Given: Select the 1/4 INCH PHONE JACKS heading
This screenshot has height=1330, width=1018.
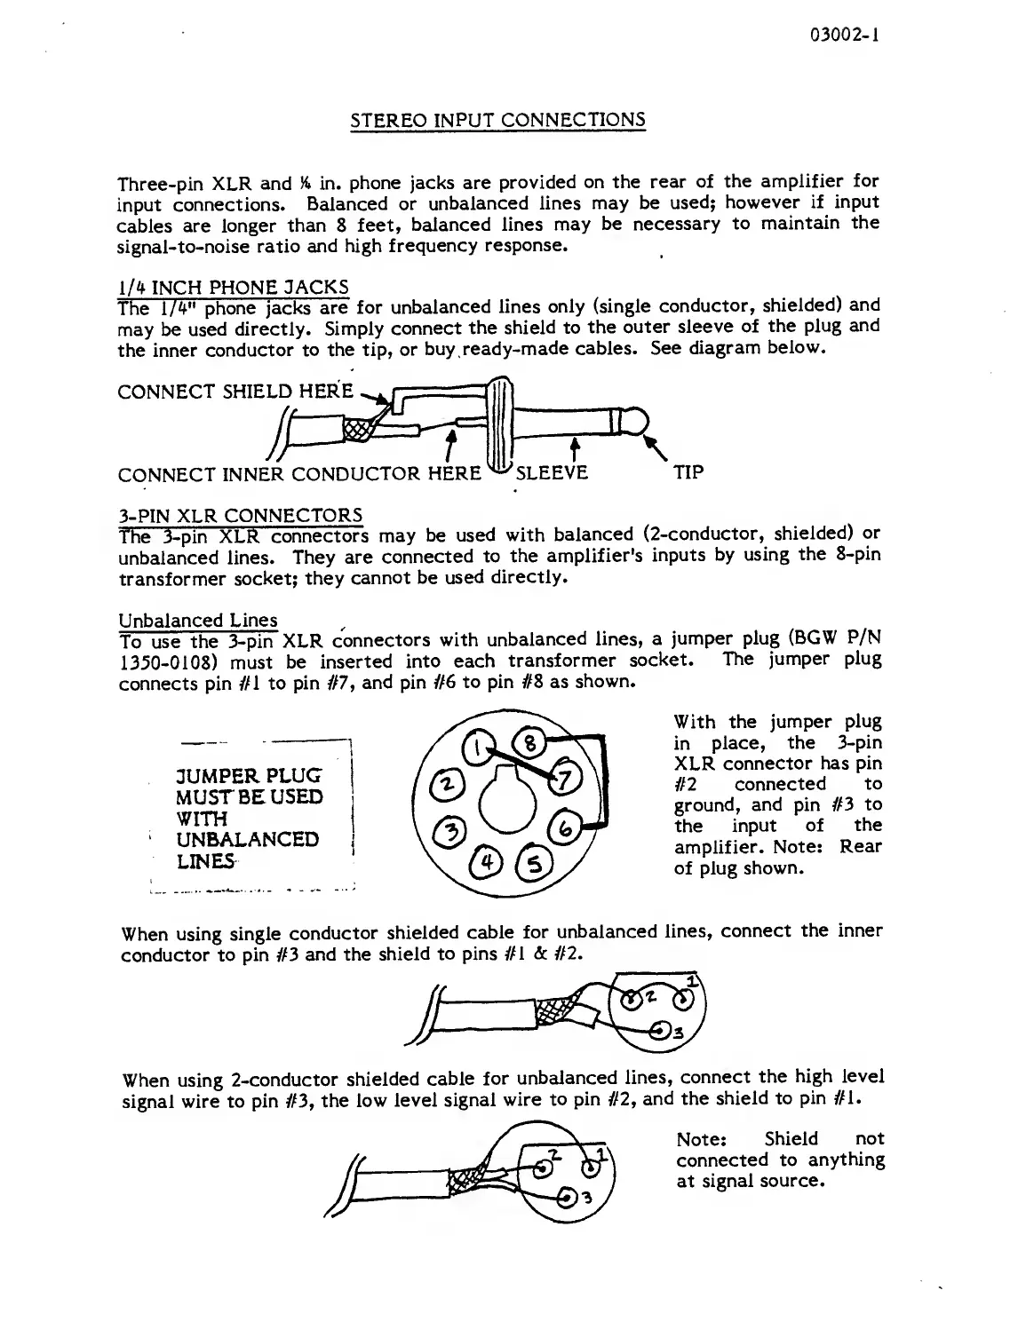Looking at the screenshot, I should pos(233,288).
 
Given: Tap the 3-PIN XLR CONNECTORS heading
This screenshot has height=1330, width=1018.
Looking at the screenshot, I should pos(240,515).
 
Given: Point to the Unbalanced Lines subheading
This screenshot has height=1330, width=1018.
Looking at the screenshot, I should pos(198,620).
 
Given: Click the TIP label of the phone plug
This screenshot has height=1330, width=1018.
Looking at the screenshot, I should pos(688,472).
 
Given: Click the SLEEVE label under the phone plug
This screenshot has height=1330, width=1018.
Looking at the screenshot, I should pos(552,472).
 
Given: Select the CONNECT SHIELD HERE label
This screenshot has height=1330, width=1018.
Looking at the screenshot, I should pos(235,392).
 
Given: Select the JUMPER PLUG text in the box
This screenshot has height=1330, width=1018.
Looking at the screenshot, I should pos(249,775).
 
